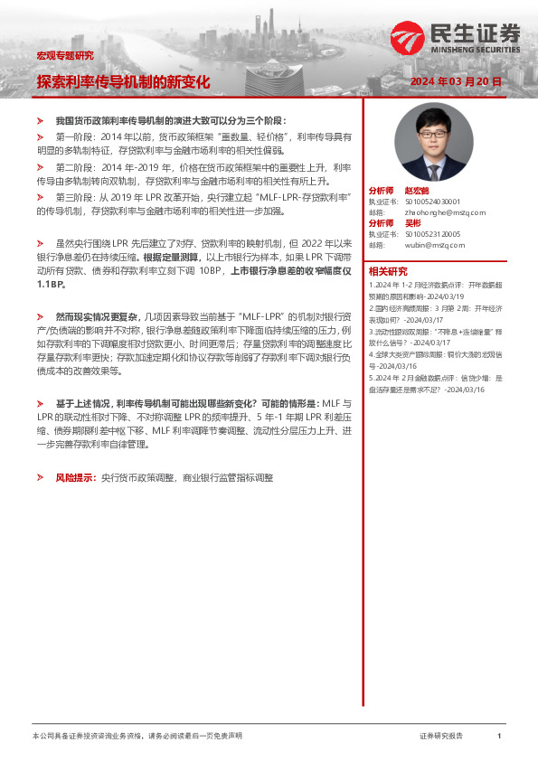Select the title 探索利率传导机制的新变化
click(123, 81)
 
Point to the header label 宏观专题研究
click(64, 55)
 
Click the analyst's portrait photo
click(427, 145)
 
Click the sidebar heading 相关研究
click(387, 271)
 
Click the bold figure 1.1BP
click(52, 284)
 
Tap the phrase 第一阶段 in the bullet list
click(72, 136)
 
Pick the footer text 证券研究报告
click(441, 737)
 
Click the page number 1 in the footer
click(499, 737)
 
